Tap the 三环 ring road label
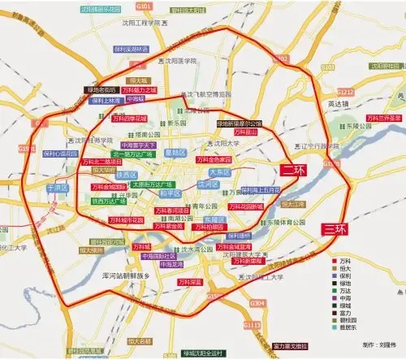coord(335,228)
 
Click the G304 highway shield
coord(257,302)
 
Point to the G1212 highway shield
coord(346,92)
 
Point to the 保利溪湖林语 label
coord(131,49)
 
